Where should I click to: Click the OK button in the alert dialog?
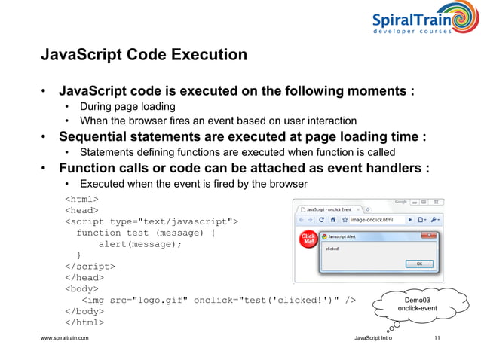[x=419, y=264]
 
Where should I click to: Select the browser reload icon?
[x=322, y=220]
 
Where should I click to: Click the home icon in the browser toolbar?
[x=332, y=220]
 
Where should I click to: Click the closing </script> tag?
[x=90, y=266]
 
